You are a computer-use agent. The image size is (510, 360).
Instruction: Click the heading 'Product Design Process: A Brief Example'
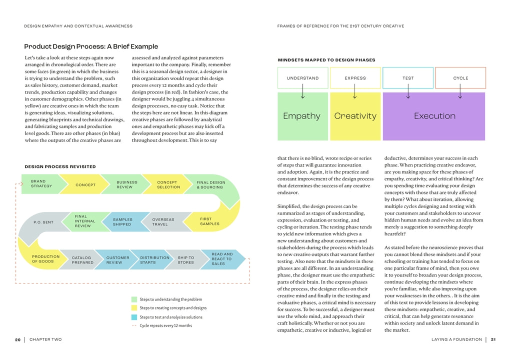(x=91, y=46)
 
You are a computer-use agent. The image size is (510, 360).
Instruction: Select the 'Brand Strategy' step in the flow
(x=38, y=184)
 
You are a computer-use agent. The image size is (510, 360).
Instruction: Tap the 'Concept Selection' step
(x=168, y=184)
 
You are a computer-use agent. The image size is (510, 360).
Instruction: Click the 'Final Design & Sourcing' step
(x=210, y=185)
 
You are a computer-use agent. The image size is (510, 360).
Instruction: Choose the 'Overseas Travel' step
(x=163, y=221)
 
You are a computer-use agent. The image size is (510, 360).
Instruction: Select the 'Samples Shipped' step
(x=123, y=221)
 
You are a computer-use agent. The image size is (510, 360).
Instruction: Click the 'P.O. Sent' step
(x=43, y=222)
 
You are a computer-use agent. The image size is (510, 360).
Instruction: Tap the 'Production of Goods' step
(x=45, y=259)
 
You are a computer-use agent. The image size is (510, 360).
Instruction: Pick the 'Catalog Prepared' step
(x=82, y=260)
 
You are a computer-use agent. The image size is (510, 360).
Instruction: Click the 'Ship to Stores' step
(x=186, y=260)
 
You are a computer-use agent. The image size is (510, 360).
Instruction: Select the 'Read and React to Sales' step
(x=222, y=258)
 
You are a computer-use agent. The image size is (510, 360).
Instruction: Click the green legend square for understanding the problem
(x=134, y=299)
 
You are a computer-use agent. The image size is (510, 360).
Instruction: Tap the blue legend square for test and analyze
(x=134, y=317)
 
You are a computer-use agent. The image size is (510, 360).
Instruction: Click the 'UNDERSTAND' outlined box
(x=302, y=78)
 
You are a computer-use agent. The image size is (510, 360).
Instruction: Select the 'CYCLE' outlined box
(x=460, y=78)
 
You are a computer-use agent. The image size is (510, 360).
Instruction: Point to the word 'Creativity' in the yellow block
(x=355, y=116)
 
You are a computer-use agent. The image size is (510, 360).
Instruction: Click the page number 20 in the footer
(x=17, y=339)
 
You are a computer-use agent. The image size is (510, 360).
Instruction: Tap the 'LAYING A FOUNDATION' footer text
(x=456, y=339)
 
